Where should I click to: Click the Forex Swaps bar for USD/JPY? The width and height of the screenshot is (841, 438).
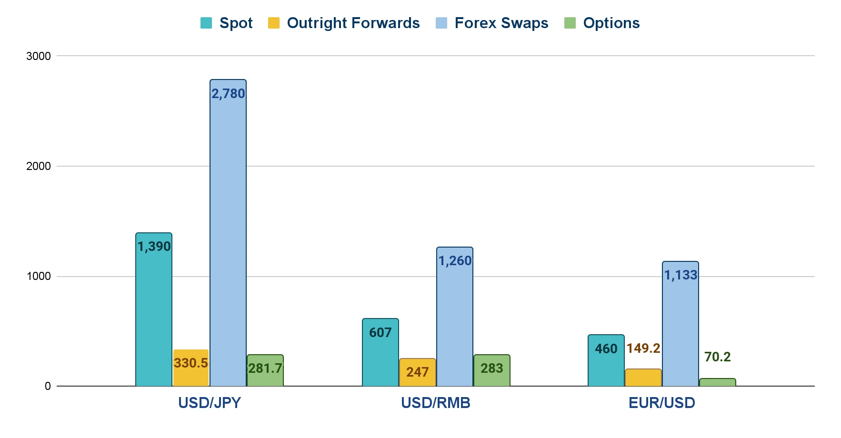point(228,233)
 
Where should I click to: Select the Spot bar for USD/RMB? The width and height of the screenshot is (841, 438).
point(380,352)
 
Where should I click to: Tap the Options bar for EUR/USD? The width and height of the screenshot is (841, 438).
point(717,382)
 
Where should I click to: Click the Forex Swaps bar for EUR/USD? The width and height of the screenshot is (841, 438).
point(681,324)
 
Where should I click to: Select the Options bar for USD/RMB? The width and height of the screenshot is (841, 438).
point(491,370)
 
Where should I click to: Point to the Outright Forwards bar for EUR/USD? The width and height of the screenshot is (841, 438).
point(643,378)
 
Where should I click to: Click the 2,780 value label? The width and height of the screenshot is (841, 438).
point(228,94)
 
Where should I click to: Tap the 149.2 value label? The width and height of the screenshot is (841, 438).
point(643,348)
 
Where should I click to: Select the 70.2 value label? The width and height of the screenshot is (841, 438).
point(717,357)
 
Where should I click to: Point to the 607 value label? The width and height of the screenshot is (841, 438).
point(380,333)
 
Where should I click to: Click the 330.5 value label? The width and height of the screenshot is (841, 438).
point(191,363)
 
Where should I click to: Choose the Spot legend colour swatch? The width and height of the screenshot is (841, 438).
point(206,23)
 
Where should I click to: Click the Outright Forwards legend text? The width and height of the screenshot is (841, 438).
point(353,23)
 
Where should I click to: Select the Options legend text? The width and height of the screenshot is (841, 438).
point(611,23)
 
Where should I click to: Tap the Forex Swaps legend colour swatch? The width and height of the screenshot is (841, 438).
point(441,23)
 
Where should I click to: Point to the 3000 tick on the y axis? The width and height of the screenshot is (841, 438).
point(39,56)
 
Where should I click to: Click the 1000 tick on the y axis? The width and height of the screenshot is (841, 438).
point(39,277)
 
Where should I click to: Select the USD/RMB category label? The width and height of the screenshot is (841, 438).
point(435,403)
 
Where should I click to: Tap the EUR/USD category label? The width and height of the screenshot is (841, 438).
point(661,403)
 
